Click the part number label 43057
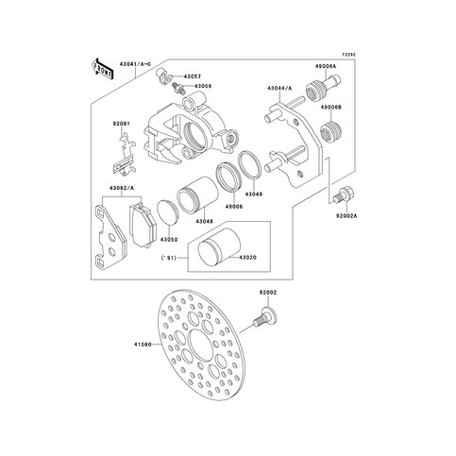pyautogui.click(x=193, y=76)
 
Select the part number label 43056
pyautogui.click(x=204, y=87)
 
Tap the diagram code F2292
pyautogui.click(x=349, y=54)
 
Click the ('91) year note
pyautogui.click(x=170, y=257)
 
